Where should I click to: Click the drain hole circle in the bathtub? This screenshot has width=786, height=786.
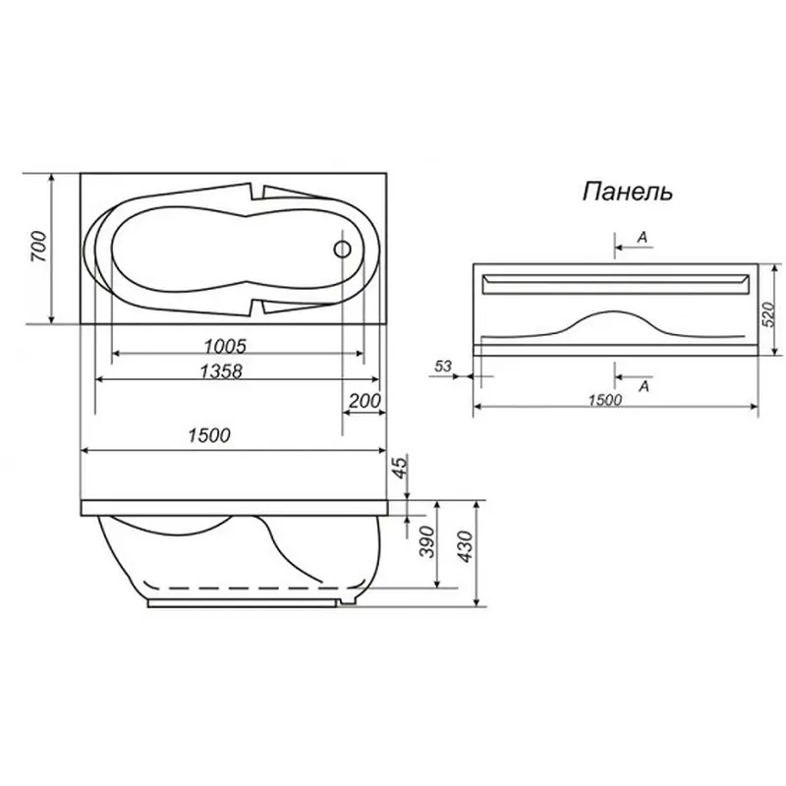click(342, 250)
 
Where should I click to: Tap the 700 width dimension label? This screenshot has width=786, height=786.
click(39, 247)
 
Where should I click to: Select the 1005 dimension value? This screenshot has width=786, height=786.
click(225, 346)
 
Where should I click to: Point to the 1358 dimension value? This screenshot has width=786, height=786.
click(221, 371)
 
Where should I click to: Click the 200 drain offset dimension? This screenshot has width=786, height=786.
click(365, 401)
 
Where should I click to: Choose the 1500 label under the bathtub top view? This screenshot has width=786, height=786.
click(209, 435)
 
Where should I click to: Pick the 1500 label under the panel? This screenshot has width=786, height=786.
click(605, 400)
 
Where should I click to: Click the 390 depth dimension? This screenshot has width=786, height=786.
click(426, 542)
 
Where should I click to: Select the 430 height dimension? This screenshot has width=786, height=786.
click(465, 547)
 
